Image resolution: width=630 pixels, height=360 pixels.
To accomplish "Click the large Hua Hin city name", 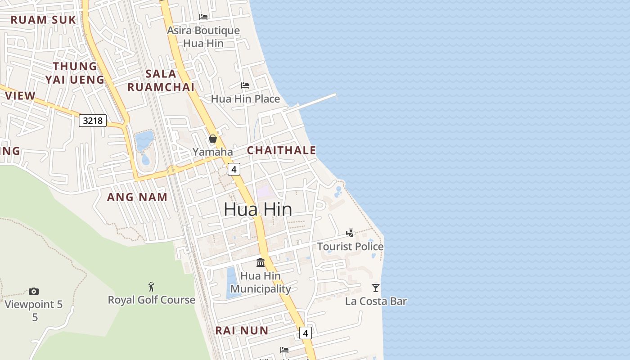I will click(258, 209).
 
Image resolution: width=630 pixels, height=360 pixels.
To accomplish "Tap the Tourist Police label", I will click(350, 247).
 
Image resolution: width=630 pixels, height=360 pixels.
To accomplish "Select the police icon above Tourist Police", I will click(350, 233).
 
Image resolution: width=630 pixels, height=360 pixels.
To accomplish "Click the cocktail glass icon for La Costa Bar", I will click(376, 288).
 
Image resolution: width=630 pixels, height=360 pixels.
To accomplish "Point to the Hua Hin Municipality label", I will click(261, 282).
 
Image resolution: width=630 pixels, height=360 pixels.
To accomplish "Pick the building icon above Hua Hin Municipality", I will click(261, 262).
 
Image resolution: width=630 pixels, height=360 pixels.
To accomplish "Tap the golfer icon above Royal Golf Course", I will click(151, 286).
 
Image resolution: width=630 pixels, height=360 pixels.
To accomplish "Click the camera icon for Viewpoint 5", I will click(34, 291).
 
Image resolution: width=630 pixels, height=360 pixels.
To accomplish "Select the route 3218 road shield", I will click(93, 121).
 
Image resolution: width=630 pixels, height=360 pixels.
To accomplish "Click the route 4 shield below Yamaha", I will click(234, 169).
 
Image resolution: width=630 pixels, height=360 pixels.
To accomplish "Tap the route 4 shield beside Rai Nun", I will click(306, 333).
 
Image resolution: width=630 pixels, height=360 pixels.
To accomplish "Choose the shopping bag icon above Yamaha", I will click(213, 139).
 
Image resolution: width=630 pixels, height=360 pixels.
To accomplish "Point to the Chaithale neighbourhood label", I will click(282, 150).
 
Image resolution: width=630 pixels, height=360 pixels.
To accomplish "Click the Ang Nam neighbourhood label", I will click(137, 197).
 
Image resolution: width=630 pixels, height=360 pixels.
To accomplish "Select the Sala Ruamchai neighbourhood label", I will click(161, 80).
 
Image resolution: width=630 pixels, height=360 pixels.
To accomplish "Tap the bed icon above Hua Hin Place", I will click(245, 85).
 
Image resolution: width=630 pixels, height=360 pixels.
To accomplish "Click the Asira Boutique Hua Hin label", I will click(203, 37).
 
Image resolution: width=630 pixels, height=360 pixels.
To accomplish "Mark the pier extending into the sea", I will click(315, 102).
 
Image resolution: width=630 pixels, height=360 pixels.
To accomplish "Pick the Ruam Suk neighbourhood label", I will click(43, 20).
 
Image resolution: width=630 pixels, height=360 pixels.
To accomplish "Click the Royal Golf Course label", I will click(151, 300).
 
